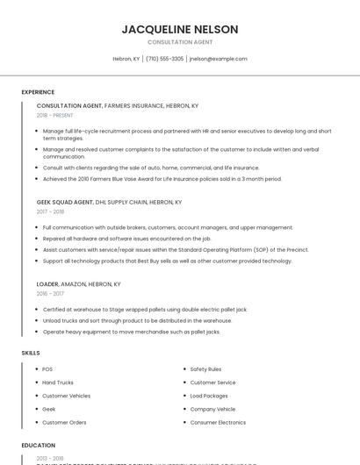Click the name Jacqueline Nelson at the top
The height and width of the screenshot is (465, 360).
click(180, 29)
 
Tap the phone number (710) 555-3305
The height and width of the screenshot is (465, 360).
click(164, 59)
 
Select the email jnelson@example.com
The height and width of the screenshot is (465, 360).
click(218, 59)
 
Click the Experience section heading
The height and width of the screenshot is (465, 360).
click(38, 92)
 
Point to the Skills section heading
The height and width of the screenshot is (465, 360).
click(31, 353)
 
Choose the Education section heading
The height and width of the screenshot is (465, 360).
click(38, 445)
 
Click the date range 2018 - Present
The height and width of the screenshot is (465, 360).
click(55, 116)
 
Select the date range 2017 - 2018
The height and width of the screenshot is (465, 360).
click(50, 211)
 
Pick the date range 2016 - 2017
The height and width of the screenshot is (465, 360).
click(50, 294)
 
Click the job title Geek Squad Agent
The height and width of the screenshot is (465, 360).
click(65, 202)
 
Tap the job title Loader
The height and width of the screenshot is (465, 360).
click(47, 284)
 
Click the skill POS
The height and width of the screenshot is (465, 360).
click(47, 369)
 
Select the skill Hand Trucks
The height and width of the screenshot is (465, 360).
click(58, 383)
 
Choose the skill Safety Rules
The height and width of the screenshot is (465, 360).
click(205, 369)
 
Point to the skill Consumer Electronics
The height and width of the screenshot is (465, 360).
click(218, 422)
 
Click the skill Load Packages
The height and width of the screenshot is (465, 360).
click(209, 396)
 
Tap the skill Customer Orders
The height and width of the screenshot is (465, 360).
click(64, 422)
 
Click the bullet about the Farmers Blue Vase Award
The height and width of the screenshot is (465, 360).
click(162, 179)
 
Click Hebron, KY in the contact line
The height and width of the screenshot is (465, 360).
click(126, 59)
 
